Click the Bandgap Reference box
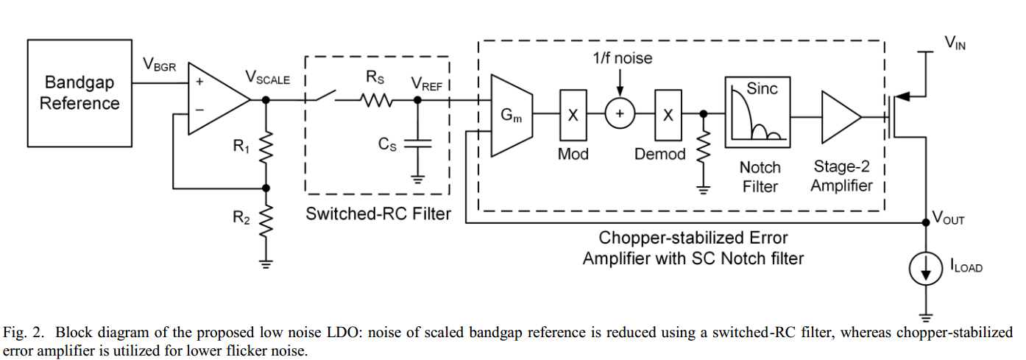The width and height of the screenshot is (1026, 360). point(79,93)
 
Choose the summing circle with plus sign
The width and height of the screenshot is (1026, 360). point(620,114)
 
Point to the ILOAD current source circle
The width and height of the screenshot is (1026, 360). point(927,270)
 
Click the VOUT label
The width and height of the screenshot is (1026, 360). point(949,219)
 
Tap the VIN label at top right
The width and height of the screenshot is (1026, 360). point(955,43)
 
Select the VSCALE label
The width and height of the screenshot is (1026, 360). point(267,77)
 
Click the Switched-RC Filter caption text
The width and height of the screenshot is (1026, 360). point(378,214)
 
